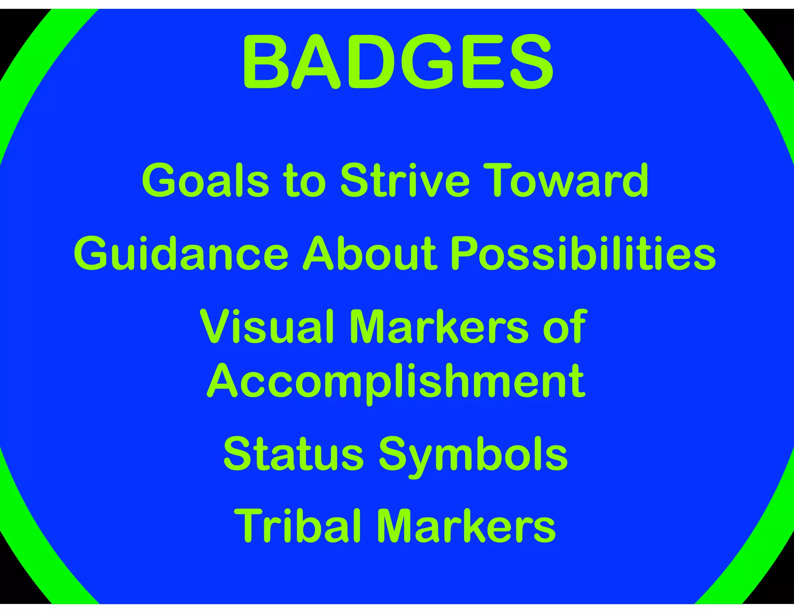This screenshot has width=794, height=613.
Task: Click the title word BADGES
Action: pyautogui.click(x=398, y=62)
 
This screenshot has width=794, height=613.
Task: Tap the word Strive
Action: pyautogui.click(x=405, y=181)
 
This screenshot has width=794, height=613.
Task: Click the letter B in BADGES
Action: pyautogui.click(x=266, y=62)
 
